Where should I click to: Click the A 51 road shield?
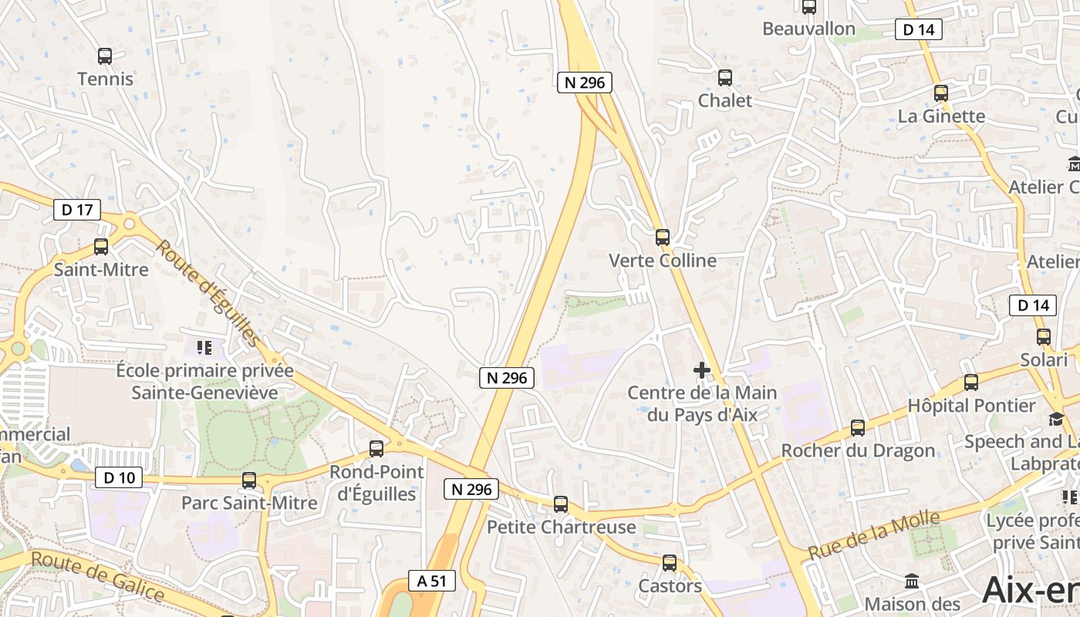[x=431, y=581]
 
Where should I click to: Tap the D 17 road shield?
[x=77, y=209]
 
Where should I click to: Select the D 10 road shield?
[x=119, y=477]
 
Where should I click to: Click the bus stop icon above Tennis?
[x=105, y=56]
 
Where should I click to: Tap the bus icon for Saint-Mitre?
[x=101, y=247]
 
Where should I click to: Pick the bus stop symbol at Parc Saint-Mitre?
[x=249, y=480]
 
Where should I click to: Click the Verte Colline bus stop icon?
[x=662, y=238]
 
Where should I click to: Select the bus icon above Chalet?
[x=724, y=78]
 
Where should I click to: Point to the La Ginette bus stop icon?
[x=940, y=93]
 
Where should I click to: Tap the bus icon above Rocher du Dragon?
[x=857, y=428]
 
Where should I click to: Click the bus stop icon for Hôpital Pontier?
[x=970, y=383]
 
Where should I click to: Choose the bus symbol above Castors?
[x=670, y=563]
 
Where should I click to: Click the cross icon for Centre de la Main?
[x=702, y=371]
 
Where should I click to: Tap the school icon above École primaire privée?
[x=204, y=348]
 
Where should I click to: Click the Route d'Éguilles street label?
[x=208, y=292]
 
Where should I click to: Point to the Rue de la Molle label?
[x=873, y=536]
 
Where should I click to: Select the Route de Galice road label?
[x=98, y=577]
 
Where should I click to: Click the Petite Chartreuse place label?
[x=562, y=528]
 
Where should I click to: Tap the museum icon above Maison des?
[x=912, y=581]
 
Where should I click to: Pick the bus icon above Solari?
[x=1043, y=337]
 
